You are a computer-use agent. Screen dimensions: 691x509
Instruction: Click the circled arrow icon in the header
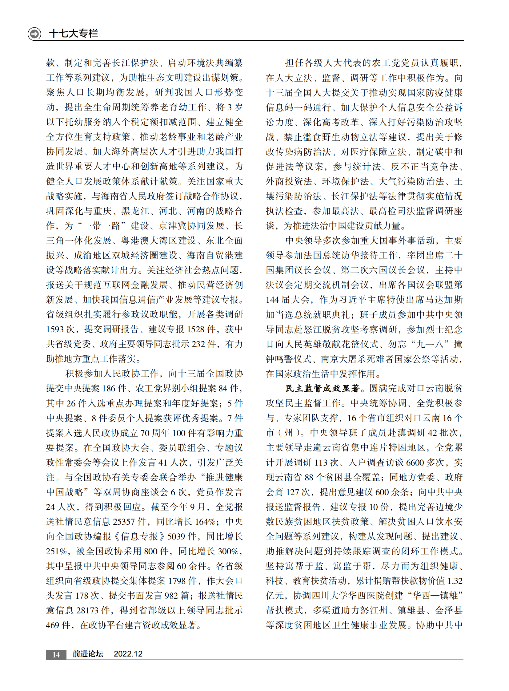click(x=34, y=33)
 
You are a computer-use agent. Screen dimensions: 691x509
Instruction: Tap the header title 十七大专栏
click(x=74, y=33)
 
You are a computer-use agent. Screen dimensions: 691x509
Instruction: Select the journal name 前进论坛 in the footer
click(x=88, y=654)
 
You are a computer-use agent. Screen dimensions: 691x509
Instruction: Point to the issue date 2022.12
click(x=128, y=654)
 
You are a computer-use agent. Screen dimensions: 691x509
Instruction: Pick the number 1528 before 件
click(x=195, y=329)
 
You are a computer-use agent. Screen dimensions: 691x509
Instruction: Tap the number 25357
click(x=123, y=522)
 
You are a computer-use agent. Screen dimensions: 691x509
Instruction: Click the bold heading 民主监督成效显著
click(x=322, y=389)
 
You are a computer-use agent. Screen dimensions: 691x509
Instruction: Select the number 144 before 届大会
click(x=272, y=300)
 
